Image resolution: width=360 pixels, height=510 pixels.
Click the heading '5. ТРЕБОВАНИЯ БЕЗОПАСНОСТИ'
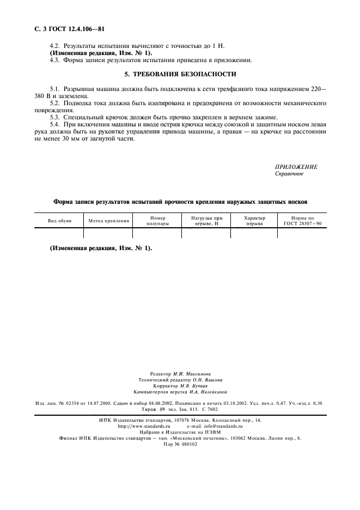180,74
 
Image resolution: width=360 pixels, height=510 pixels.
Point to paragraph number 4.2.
55,47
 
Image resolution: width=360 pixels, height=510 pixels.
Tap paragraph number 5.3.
55,117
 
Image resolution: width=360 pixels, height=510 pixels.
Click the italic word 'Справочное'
289,174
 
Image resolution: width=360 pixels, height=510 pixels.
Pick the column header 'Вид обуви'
59,221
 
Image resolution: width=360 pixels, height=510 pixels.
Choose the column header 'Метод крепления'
108,221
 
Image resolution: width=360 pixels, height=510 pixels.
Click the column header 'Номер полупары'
157,221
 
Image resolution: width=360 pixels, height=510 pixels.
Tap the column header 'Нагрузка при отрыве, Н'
206,221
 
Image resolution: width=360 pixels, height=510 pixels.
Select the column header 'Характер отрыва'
254,221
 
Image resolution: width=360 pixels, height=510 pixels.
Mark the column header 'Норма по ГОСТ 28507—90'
302,221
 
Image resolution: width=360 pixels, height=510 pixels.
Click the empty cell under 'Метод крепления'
108,233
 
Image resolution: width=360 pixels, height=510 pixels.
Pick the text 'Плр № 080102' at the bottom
180,444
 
